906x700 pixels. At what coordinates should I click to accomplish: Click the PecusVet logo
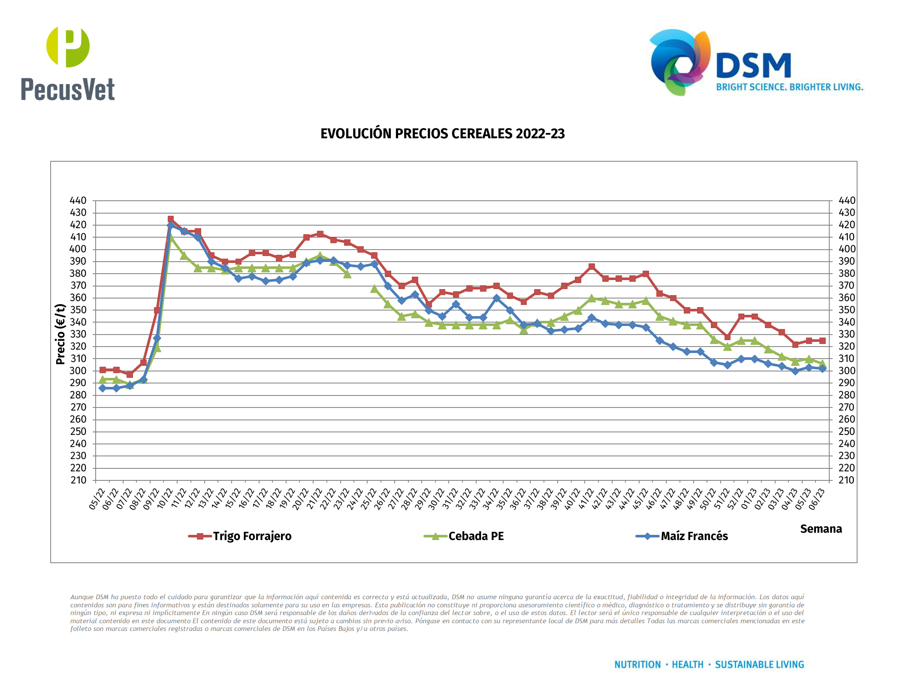68,63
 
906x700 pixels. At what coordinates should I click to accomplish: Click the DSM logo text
754,66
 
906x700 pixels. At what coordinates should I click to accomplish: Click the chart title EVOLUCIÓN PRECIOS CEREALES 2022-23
442,134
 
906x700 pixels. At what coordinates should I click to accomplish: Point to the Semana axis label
821,529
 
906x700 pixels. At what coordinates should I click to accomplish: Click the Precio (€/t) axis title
60,334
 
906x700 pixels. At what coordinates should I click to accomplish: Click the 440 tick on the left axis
78,201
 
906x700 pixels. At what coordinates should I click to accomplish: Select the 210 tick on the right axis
846,480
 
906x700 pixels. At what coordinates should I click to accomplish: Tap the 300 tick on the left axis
78,371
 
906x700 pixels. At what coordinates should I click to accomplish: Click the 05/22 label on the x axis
97,499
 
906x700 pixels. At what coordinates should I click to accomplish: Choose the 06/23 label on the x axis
816,499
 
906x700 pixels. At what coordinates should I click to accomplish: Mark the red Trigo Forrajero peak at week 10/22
171,219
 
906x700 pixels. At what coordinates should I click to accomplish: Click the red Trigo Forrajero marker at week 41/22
592,267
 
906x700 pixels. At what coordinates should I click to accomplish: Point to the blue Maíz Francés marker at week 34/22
497,298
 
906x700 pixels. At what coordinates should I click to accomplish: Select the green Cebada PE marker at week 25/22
374,289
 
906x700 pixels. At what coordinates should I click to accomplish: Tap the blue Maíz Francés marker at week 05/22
103,388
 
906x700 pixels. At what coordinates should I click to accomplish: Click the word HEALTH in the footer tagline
687,664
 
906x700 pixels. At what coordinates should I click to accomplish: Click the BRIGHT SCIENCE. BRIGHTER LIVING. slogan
789,87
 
